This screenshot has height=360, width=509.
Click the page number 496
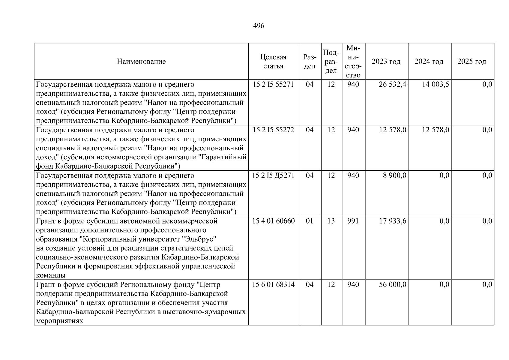point(259,26)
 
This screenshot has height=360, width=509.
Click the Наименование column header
point(141,62)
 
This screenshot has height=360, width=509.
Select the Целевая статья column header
point(273,62)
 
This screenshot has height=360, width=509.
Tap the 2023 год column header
point(386,62)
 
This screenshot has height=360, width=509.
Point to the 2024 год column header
point(429,62)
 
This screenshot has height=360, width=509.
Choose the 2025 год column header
point(472,62)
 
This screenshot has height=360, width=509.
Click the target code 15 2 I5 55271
point(273,85)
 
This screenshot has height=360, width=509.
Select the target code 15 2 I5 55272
point(273,130)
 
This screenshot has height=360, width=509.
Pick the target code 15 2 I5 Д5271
point(273,176)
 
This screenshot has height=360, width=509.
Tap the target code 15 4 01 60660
point(273,221)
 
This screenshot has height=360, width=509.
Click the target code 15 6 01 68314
point(273,285)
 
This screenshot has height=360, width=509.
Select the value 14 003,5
point(435,85)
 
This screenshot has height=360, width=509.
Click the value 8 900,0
point(394,176)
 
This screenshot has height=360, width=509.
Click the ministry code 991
point(353,221)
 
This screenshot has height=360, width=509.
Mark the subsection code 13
point(331,221)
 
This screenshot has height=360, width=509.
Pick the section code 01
point(310,221)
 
